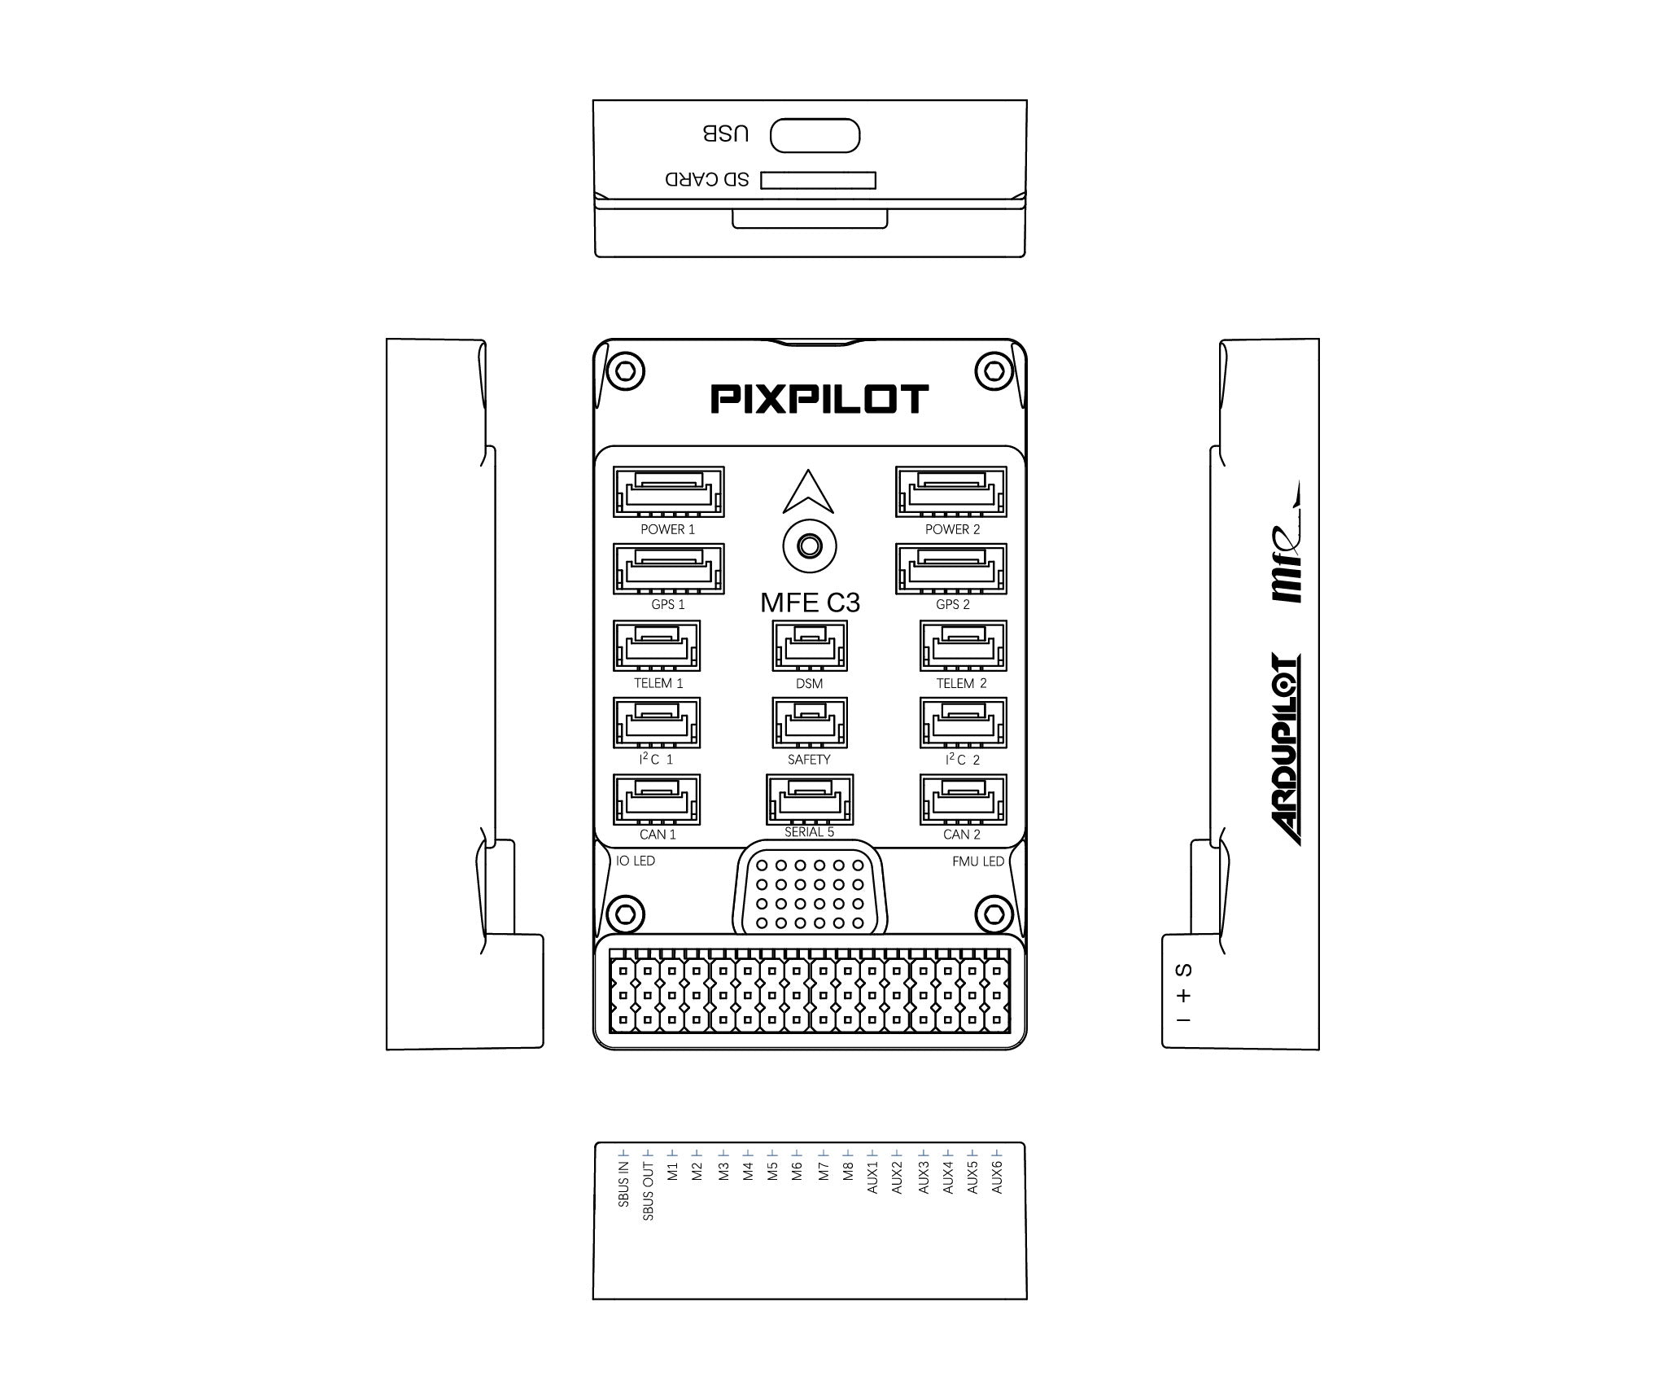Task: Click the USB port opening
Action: (x=815, y=135)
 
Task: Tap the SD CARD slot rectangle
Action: (x=818, y=180)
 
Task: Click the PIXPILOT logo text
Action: (x=819, y=399)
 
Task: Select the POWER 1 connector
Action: (x=668, y=492)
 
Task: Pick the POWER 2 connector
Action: (x=951, y=492)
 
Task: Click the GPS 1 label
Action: (x=668, y=605)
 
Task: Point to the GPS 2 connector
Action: (x=951, y=568)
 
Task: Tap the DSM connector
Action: (x=810, y=646)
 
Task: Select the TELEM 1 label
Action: (x=658, y=683)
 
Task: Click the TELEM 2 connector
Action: (x=963, y=646)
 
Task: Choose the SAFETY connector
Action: (x=810, y=722)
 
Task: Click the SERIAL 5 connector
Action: (x=810, y=799)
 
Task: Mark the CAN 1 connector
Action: (x=657, y=799)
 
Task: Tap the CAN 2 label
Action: (x=962, y=835)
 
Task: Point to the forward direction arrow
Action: (x=808, y=493)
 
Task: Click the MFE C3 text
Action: (x=810, y=603)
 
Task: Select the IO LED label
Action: (x=636, y=861)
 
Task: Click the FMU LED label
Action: (x=978, y=861)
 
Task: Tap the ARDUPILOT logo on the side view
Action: (x=1285, y=750)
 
